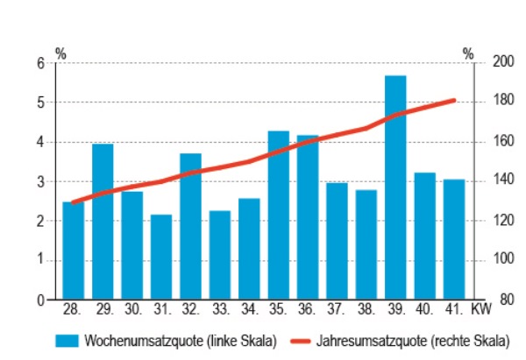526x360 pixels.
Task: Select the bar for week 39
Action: coord(395,187)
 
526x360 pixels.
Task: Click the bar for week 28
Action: coord(73,251)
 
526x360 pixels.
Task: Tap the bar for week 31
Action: coord(160,257)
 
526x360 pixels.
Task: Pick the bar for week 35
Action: coord(278,215)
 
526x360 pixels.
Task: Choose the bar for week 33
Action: coord(219,255)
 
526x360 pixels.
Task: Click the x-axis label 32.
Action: coord(190,309)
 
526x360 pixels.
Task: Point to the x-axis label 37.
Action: coord(337,309)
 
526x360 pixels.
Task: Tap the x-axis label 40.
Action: coord(424,309)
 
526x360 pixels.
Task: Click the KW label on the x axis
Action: coord(481,309)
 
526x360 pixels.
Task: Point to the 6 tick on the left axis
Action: coord(40,63)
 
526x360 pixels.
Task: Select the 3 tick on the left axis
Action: coord(40,181)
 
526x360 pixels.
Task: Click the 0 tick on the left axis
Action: coord(40,300)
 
